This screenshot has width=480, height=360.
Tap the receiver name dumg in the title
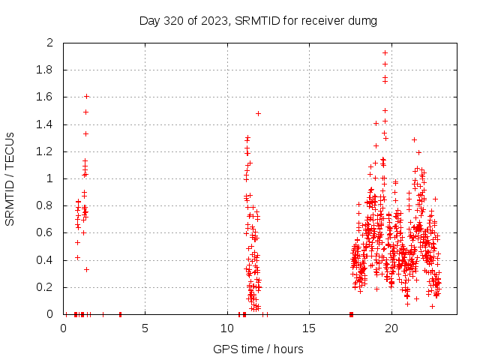click(x=362, y=20)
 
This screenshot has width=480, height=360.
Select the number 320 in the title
click(x=174, y=20)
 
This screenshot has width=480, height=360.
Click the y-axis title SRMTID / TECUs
click(x=10, y=178)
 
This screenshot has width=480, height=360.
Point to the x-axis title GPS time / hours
click(x=258, y=349)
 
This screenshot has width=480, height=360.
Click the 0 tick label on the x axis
click(x=64, y=328)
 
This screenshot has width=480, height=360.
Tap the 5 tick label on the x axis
click(x=145, y=328)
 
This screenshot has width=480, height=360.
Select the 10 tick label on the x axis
click(x=227, y=328)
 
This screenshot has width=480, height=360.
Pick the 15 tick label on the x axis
click(x=309, y=328)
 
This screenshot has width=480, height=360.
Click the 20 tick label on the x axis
click(x=391, y=328)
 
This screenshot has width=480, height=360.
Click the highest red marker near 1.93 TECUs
click(x=385, y=52)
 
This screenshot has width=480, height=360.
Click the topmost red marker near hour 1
click(x=86, y=96)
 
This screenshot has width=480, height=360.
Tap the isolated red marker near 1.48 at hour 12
click(x=258, y=113)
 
